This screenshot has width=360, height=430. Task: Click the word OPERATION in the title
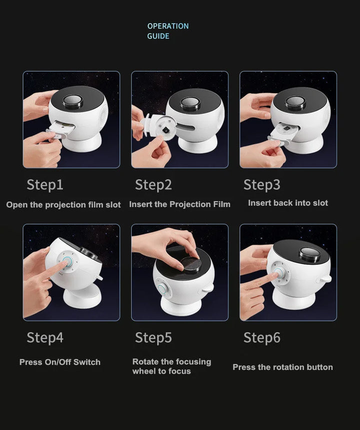[168, 26]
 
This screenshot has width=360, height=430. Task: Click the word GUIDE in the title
[158, 36]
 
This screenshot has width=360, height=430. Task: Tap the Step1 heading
[45, 185]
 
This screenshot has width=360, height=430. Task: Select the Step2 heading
[153, 185]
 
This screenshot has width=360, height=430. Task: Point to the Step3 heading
[262, 185]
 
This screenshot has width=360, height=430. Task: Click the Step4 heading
[45, 337]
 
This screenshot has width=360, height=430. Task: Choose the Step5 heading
[153, 337]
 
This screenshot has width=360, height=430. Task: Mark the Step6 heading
[262, 337]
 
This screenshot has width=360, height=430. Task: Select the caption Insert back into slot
[288, 203]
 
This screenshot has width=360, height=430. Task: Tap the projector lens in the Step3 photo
[295, 103]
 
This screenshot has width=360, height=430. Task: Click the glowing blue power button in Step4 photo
[67, 261]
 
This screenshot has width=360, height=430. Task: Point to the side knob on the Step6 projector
[324, 279]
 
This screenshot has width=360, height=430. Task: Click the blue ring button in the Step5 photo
[162, 289]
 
